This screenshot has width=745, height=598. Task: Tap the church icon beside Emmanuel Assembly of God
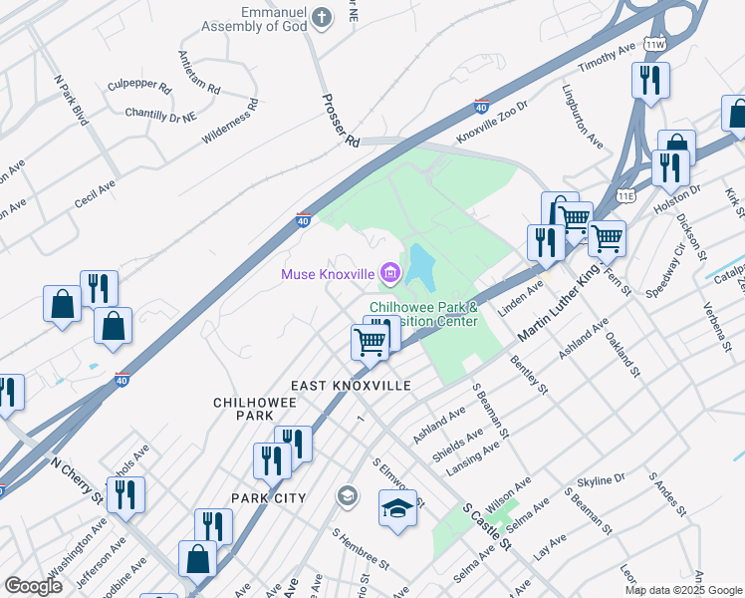coord(321,17)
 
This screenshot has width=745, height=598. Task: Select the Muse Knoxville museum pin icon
coord(388,272)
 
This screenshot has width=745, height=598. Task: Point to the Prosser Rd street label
coord(340,121)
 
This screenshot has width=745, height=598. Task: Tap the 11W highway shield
coord(653,45)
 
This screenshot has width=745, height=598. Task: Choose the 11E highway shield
coord(624,196)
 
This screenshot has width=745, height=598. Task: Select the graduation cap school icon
coord(397,508)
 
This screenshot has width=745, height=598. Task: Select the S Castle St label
coord(487,527)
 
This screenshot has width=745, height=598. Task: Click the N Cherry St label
coord(77,480)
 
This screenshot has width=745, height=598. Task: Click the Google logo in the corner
coord(34,586)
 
